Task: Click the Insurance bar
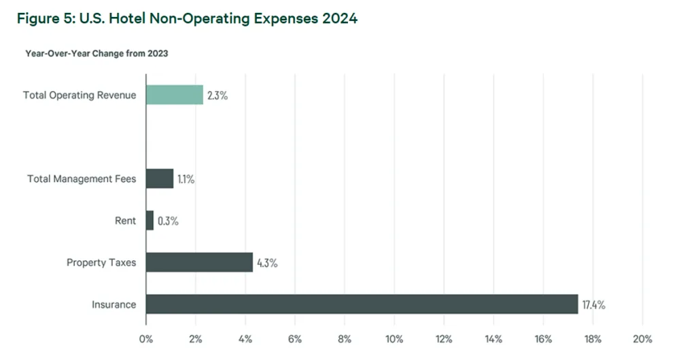pos(362,304)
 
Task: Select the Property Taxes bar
pos(199,262)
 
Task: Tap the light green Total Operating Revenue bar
pos(175,95)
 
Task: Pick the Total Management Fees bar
pos(160,179)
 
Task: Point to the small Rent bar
pos(150,221)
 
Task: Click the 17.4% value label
pos(593,305)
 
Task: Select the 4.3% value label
pos(266,263)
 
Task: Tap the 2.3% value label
pos(217,96)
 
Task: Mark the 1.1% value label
pos(186,179)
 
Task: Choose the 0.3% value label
pos(168,221)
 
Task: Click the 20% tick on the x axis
pos(642,339)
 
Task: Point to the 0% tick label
pos(145,339)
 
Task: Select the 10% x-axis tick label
pos(394,339)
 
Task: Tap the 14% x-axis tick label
pos(493,339)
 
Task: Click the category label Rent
pos(126,221)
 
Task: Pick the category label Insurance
pos(114,304)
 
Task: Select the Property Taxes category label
pos(101,262)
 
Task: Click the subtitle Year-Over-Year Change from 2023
pos(97,54)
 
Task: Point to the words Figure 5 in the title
pos(42,19)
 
